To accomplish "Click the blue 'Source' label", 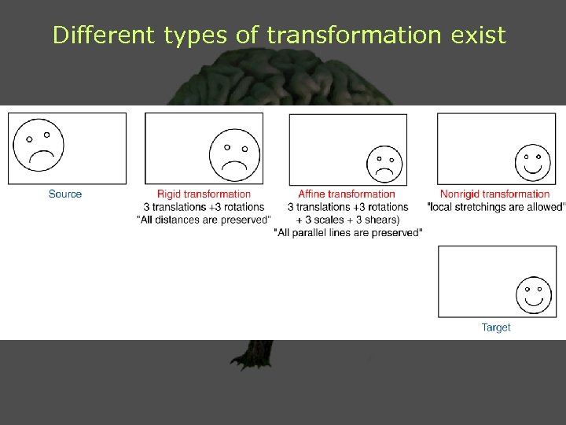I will (65, 194).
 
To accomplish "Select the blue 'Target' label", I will (496, 327).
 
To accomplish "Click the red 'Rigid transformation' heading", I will (204, 194).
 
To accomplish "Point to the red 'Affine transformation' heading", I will (347, 194).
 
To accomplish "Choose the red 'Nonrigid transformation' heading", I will (495, 194).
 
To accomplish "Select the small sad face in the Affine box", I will (384, 163).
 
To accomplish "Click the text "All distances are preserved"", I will (204, 220).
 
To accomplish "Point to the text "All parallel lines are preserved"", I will (348, 232).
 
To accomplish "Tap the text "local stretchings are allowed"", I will (496, 207).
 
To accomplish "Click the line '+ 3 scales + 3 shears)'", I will (347, 220).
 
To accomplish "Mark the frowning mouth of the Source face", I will (41, 157).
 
